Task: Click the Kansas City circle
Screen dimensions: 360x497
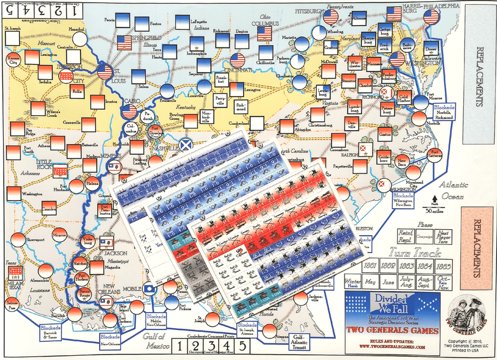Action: click(x=13, y=59)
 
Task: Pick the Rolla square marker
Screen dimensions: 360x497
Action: click(x=76, y=90)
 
